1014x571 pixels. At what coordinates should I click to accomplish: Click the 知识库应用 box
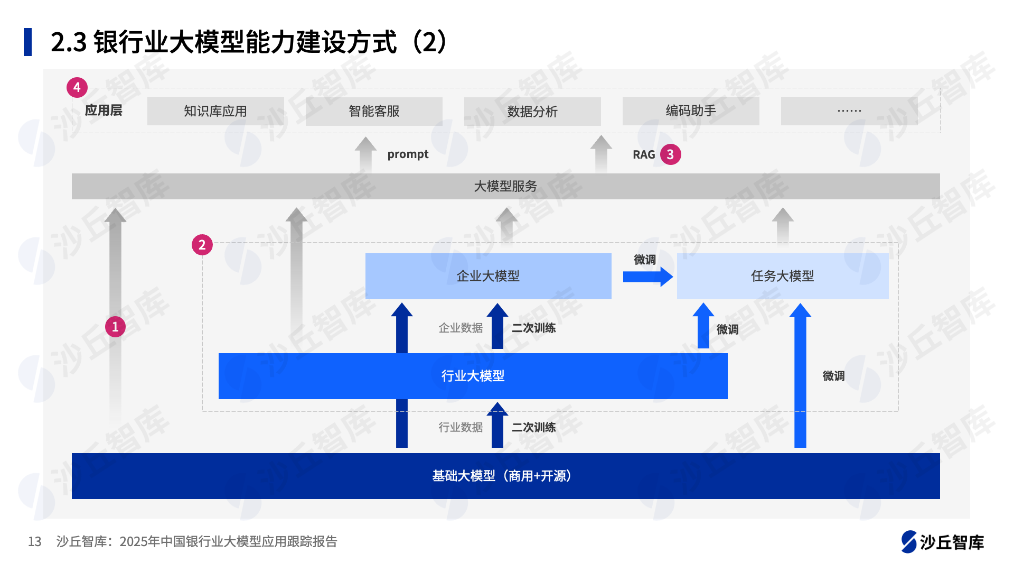pos(215,111)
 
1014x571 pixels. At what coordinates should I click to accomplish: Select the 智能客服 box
pos(374,111)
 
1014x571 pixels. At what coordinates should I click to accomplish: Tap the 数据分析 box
pos(532,112)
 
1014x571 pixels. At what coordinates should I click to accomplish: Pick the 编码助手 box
pos(691,111)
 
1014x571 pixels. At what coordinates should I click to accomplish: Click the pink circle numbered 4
pos(77,87)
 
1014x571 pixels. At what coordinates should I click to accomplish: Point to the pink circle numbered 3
pos(670,154)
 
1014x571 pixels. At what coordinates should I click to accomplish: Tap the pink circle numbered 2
pos(202,245)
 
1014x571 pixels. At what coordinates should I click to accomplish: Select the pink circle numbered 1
pos(115,327)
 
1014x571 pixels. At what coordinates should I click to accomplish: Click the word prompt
pos(408,154)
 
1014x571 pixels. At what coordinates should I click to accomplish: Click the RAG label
pos(644,154)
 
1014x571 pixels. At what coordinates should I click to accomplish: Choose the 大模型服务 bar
pos(505,186)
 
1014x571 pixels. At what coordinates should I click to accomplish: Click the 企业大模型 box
pos(488,276)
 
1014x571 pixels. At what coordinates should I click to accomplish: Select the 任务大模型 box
pos(782,276)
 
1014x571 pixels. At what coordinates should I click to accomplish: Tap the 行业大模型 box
pos(473,376)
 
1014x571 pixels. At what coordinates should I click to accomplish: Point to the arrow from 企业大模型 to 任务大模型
pos(647,277)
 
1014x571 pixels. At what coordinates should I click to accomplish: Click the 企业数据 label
pos(461,328)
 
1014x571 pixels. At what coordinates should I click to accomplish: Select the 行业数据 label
pos(461,427)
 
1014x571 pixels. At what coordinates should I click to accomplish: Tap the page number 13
pos(34,541)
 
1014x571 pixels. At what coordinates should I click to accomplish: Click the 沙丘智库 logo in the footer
pos(942,542)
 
